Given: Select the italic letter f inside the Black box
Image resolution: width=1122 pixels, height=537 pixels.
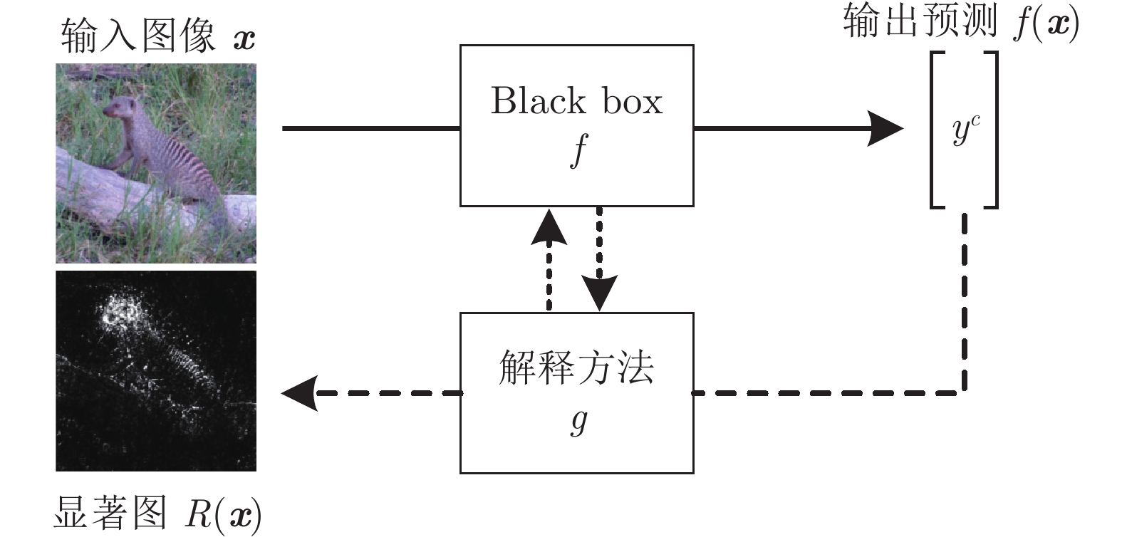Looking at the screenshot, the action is [x=578, y=151].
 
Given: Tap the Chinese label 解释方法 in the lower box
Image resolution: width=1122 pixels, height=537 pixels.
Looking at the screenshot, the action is [x=576, y=367].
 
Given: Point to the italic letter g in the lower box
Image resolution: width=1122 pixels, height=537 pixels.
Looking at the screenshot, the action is [x=579, y=421].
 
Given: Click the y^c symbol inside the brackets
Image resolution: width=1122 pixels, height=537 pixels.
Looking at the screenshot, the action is [x=966, y=130].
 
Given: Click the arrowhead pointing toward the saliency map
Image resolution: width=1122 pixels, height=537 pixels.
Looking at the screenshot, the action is [x=299, y=393].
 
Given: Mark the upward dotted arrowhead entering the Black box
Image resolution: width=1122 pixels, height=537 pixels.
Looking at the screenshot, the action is [x=549, y=227].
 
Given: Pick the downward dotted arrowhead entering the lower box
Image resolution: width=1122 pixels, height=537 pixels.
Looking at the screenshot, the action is [x=599, y=293].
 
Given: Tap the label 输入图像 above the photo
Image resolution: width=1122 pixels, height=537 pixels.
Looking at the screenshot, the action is [x=138, y=36].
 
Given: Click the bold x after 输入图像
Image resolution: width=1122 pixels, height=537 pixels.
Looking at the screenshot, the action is [x=244, y=40].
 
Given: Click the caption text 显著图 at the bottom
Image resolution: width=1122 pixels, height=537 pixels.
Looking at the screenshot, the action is [x=110, y=513].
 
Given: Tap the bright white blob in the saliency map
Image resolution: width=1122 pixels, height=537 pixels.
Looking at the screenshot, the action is [x=123, y=311].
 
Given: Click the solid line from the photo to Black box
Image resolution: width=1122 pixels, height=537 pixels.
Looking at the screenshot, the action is [x=371, y=129].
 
